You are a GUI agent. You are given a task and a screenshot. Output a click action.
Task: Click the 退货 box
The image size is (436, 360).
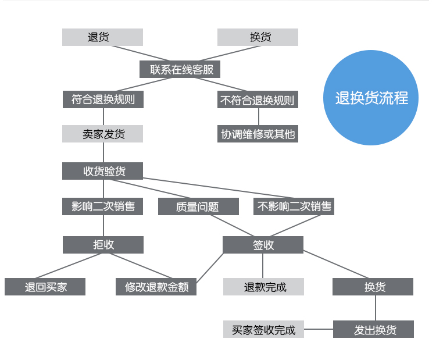[102, 37]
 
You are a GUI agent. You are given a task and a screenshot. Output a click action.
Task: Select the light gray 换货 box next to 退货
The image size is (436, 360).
[258, 37]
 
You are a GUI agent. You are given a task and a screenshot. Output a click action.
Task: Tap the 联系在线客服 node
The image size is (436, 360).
[180, 69]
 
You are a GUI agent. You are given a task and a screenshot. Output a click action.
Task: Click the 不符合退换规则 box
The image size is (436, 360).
[258, 99]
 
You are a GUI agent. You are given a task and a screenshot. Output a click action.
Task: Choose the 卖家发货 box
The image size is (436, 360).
[102, 134]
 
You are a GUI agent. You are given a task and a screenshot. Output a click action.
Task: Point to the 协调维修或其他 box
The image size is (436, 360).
[258, 134]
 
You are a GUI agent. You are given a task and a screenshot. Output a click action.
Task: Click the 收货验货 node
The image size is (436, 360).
[102, 171]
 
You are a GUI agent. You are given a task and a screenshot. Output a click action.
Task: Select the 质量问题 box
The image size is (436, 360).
[198, 206]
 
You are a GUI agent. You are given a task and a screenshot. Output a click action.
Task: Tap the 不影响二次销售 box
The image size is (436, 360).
[294, 206]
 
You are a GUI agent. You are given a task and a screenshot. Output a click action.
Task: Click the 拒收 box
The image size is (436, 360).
[103, 245]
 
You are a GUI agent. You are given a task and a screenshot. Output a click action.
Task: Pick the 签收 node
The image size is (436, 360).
[263, 245]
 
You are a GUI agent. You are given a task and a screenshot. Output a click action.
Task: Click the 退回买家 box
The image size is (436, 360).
[45, 287]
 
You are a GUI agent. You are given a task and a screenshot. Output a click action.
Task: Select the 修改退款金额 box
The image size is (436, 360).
[156, 287]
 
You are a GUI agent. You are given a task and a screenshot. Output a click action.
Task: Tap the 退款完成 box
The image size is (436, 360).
[263, 287]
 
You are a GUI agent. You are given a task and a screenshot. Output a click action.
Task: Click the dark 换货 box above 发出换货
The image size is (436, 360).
[373, 287]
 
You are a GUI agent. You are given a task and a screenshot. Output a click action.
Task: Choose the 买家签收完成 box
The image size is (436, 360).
[263, 329]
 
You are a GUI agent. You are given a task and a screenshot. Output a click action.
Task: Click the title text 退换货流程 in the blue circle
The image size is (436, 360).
[371, 98]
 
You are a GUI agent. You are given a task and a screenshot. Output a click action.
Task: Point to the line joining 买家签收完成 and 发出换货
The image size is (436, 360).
[319, 329]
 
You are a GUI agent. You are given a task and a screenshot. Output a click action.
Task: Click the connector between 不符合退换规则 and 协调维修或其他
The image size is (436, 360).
[259, 116]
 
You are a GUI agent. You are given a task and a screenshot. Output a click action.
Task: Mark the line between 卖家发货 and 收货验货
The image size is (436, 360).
[103, 152]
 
